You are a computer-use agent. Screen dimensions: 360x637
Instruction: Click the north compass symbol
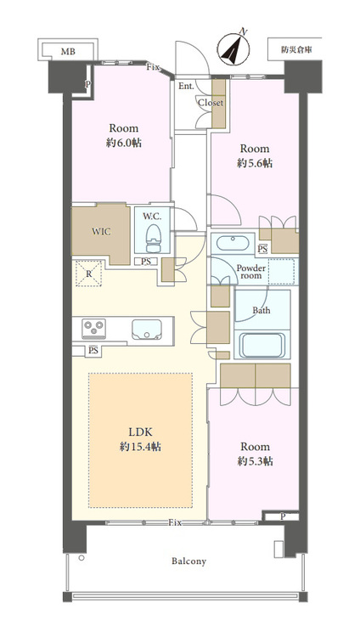tap(233, 49)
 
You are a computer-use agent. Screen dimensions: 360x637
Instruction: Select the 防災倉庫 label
tap(295, 49)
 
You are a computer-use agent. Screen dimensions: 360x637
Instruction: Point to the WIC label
tap(101, 232)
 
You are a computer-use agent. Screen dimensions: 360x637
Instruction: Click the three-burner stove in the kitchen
tap(94, 329)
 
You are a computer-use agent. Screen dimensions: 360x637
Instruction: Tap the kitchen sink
tap(146, 329)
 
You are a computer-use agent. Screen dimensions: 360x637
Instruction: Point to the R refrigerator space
tap(88, 273)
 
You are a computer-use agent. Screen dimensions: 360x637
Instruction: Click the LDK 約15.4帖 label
tap(141, 440)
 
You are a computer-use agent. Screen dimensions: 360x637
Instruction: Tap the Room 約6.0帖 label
tap(124, 136)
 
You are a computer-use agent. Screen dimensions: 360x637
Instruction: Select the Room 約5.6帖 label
tap(255, 155)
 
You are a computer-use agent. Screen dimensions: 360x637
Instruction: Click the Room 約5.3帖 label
tap(255, 454)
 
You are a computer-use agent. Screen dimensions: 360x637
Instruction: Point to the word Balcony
tap(188, 561)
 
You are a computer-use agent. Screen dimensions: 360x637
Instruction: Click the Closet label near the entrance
tap(211, 103)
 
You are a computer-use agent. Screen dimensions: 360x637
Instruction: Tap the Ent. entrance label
tap(186, 86)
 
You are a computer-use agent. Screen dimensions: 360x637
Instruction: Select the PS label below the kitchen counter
tap(93, 350)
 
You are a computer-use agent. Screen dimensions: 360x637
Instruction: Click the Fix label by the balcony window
tap(175, 523)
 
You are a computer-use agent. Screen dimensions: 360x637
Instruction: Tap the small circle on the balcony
tap(82, 558)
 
